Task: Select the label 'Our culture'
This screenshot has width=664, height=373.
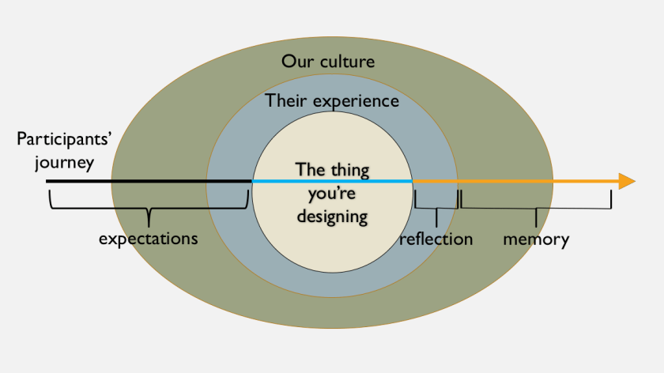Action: click(x=328, y=61)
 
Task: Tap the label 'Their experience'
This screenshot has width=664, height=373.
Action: click(x=332, y=100)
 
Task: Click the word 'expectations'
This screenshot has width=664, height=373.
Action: click(x=148, y=238)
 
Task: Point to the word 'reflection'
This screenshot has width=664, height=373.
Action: click(x=436, y=239)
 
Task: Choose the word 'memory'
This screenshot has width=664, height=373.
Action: click(x=536, y=239)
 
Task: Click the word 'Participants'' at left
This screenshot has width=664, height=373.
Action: click(x=64, y=140)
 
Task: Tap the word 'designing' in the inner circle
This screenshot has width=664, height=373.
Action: click(x=332, y=215)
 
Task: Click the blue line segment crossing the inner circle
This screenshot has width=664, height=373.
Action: click(x=285, y=182)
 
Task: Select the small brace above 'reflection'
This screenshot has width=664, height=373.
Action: click(x=436, y=208)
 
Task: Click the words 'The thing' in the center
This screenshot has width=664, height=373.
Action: click(x=332, y=169)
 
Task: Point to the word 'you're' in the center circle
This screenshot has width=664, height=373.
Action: click(x=332, y=192)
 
